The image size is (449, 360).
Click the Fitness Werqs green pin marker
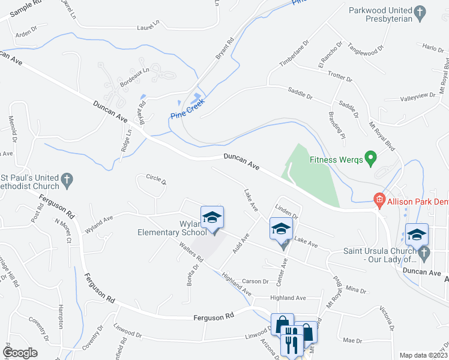click(370, 160)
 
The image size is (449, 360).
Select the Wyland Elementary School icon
click(212, 218)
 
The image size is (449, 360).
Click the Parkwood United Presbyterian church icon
click(420, 11)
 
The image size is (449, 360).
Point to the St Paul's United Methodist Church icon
click(67, 179)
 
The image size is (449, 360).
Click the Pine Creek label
click(187, 109)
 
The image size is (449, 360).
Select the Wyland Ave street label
click(99, 225)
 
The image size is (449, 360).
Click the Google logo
click(20, 353)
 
